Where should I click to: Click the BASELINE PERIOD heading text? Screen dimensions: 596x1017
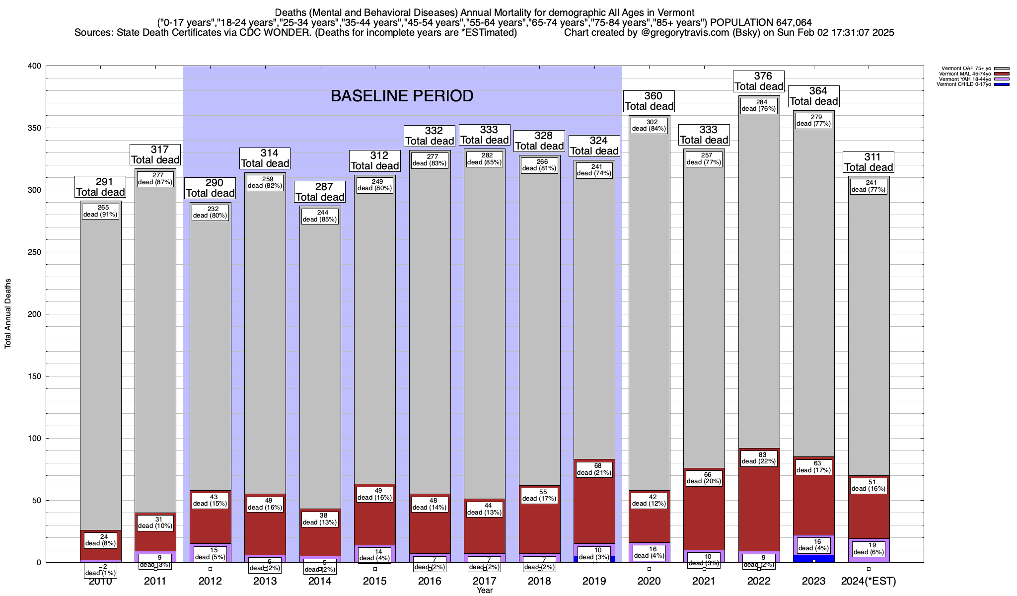(x=402, y=96)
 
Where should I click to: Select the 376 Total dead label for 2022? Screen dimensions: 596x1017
(x=759, y=81)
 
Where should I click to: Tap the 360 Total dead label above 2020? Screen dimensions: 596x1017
(x=649, y=101)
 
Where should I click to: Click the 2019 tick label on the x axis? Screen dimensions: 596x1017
(x=594, y=581)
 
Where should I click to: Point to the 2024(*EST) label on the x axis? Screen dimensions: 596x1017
(x=869, y=581)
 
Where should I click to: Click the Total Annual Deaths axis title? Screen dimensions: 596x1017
(x=8, y=314)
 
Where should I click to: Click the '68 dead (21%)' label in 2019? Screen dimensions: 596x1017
(x=594, y=469)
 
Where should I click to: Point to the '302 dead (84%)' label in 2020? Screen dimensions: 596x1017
(x=649, y=125)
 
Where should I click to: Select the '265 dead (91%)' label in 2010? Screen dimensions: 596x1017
(x=100, y=211)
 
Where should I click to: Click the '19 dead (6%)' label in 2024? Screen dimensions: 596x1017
(x=869, y=548)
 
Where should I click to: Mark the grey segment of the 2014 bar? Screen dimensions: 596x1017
(x=320, y=358)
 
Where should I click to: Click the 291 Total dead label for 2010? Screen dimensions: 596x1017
(x=100, y=187)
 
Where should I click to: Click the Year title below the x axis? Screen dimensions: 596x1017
(x=485, y=591)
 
